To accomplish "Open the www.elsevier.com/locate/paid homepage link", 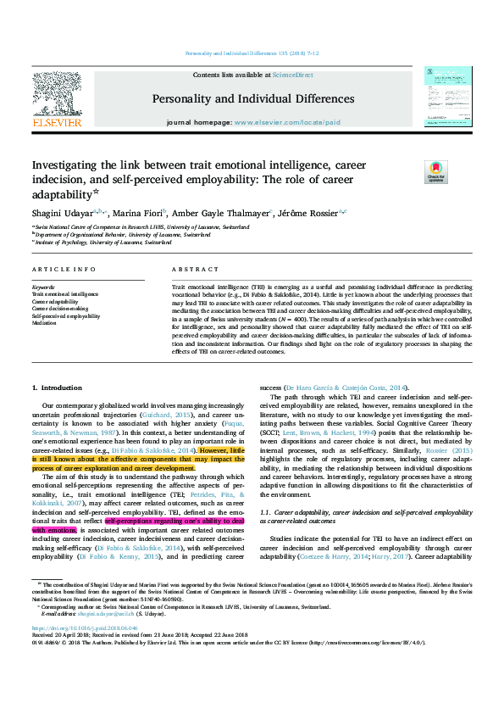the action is [287, 122].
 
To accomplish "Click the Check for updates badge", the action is [435, 172].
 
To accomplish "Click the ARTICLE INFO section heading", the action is [64, 269].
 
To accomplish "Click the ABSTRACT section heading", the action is [195, 269].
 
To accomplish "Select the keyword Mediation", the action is [45, 322].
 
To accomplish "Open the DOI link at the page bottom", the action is [85, 651].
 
